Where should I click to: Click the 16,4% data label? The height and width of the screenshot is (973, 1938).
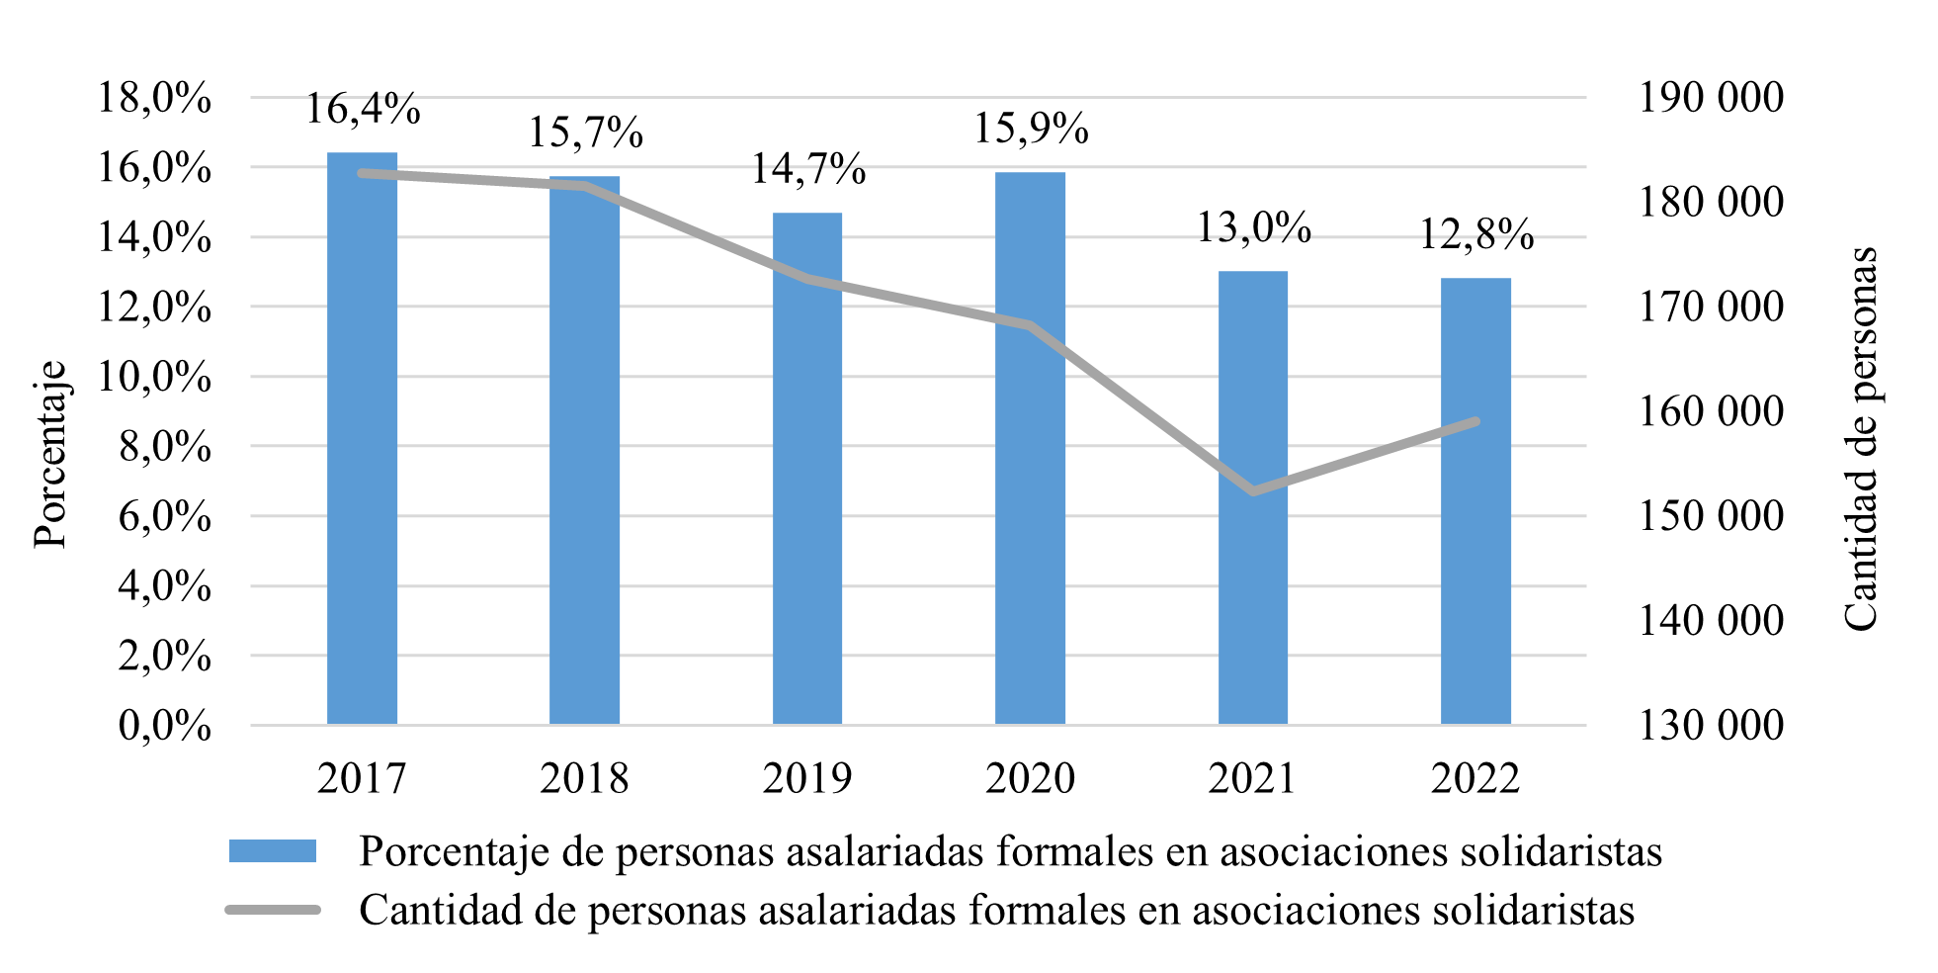pos(362,109)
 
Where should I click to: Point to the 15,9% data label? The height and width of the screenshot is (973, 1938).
pos(1031,129)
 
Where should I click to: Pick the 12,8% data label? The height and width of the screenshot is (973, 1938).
pos(1476,234)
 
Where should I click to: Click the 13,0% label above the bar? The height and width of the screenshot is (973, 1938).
pos(1253,227)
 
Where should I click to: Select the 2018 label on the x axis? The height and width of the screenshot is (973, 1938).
pos(584,778)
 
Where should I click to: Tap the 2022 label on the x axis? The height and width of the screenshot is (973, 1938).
pos(1475,778)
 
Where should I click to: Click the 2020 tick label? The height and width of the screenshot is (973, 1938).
pos(1030,778)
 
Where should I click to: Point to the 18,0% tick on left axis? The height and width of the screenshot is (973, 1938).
pos(154,99)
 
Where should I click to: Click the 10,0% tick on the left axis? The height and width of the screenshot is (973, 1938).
pos(154,378)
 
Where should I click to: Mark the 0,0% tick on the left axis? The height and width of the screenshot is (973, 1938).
pos(164,726)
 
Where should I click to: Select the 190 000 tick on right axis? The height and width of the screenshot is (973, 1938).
pos(1711,97)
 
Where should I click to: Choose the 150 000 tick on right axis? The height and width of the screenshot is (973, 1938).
pos(1711,515)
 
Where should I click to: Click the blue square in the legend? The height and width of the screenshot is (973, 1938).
pos(273,851)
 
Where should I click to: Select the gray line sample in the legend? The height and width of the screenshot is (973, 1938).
pos(273,910)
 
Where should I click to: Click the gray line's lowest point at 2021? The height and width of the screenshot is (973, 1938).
pos(1253,491)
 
